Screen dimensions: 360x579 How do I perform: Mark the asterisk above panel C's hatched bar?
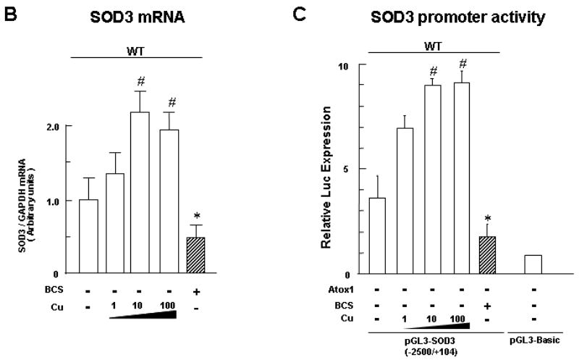pos(488,216)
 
